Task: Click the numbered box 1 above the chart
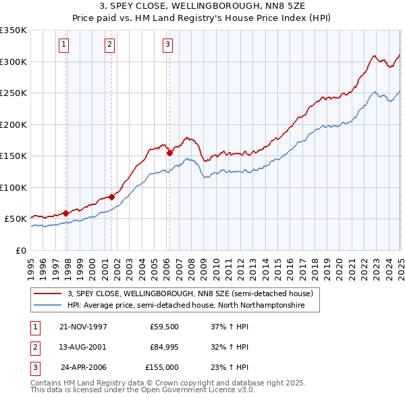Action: (63, 45)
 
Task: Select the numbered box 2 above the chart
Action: (109, 45)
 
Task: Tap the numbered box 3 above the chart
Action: (167, 45)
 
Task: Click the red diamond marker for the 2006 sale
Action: (169, 154)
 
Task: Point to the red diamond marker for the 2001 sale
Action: (111, 197)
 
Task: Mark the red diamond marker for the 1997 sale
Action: (66, 213)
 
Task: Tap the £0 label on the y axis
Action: (20, 250)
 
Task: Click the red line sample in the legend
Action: (47, 294)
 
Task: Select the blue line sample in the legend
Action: (47, 306)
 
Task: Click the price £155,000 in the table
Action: (163, 367)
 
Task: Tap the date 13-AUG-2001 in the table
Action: (83, 347)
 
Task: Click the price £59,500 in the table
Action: (165, 327)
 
